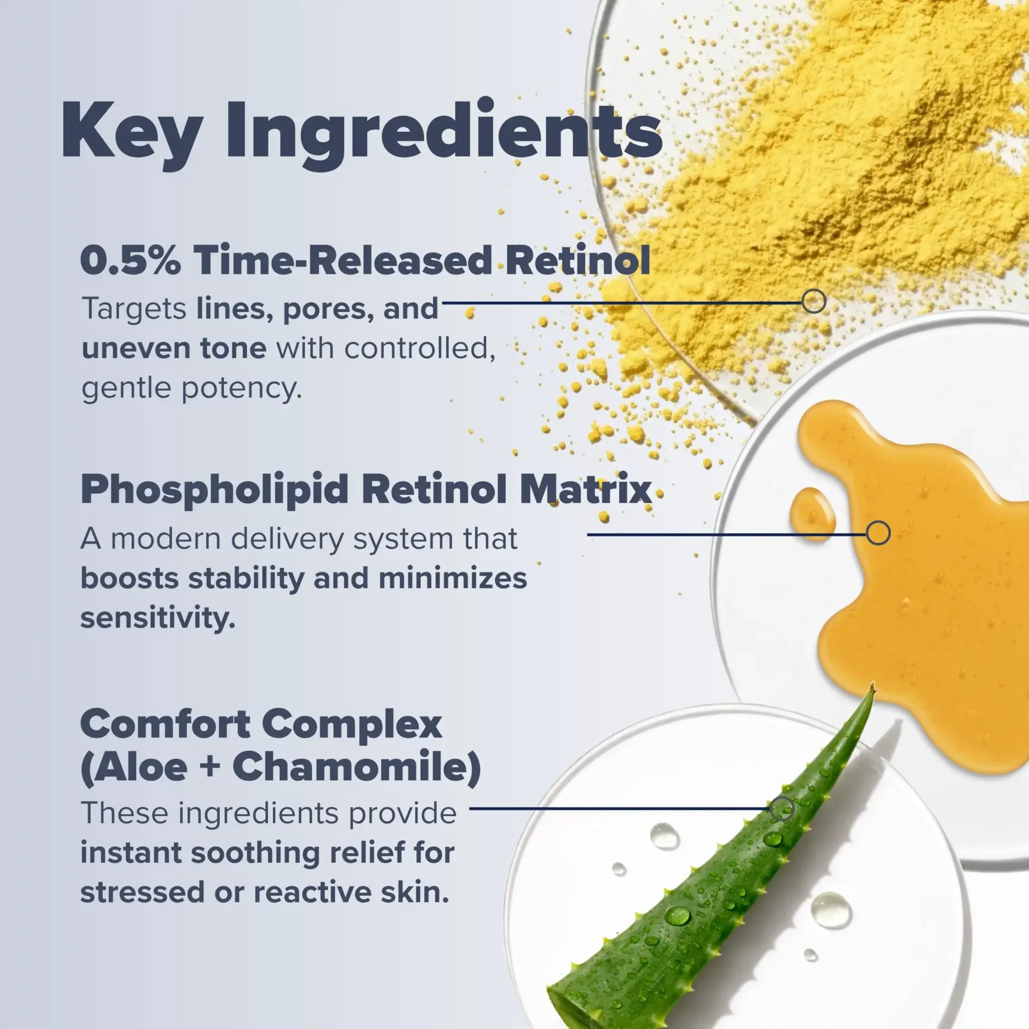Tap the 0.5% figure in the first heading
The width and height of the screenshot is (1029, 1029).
(130, 260)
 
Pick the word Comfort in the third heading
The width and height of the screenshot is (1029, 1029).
(165, 725)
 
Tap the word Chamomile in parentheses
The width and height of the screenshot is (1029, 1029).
(356, 768)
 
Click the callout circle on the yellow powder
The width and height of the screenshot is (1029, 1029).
(814, 302)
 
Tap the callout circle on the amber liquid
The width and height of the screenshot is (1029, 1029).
(878, 533)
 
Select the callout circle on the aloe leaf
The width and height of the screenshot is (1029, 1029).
(782, 809)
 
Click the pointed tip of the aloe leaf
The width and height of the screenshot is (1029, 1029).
(873, 683)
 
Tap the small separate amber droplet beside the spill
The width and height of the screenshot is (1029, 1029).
(812, 514)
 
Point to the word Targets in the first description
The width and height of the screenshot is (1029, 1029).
(134, 310)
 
